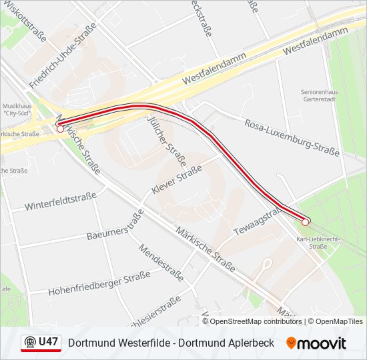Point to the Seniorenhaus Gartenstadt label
pos(318,95)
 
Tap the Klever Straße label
pos(177,181)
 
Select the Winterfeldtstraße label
pos(61,201)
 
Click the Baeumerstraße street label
pos(115,227)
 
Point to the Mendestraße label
pos(161,261)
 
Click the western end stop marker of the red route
pos(60,129)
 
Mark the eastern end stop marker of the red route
pos(306,222)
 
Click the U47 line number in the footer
pos(49,342)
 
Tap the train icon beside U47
pos(29,343)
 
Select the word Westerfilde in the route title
pos(149,343)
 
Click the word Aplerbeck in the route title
pos(250,343)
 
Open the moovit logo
pos(316,343)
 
